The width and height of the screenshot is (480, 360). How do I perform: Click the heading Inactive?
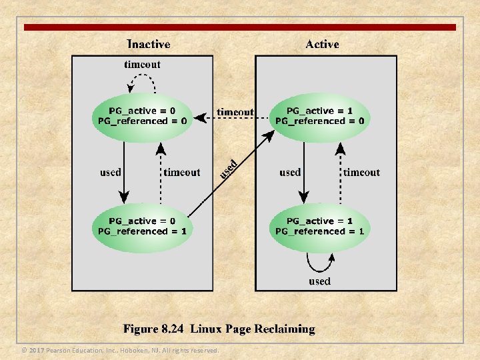[x=148, y=45]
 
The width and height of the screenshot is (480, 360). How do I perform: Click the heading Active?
[x=322, y=45]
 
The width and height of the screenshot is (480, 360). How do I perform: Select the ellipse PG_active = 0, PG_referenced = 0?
[x=142, y=116]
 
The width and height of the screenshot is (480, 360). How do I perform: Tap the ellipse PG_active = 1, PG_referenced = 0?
[x=320, y=116]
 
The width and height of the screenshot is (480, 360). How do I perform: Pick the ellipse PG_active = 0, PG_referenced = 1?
[x=142, y=227]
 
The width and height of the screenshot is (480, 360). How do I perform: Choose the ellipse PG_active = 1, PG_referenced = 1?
[x=320, y=227]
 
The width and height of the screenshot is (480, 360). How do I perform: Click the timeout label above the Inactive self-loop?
[x=142, y=65]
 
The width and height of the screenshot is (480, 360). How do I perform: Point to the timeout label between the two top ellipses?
[x=235, y=112]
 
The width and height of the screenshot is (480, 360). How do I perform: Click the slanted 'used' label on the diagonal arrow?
[x=229, y=168]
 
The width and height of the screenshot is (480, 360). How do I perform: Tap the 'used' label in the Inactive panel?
[x=111, y=172]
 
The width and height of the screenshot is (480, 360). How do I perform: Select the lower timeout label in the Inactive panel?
[x=181, y=172]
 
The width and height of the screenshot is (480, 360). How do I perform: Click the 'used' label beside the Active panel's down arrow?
[x=290, y=172]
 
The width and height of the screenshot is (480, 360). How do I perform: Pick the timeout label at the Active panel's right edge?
[x=361, y=172]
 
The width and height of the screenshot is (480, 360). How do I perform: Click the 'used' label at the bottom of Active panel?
[x=319, y=281]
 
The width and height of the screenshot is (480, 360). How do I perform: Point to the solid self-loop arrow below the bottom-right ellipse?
[x=319, y=263]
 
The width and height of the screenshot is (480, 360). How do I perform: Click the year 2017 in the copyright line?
[x=37, y=351]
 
